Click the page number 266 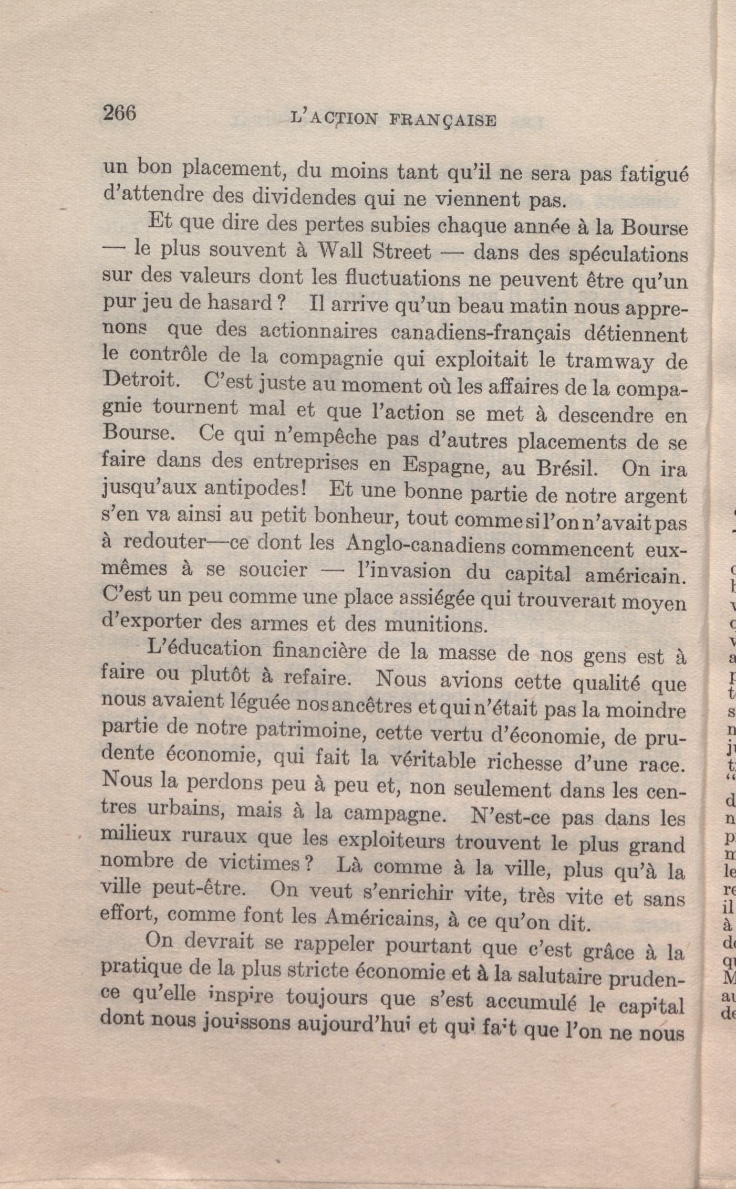tap(120, 113)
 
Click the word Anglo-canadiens tap(425, 545)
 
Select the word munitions tap(434, 624)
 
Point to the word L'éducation tap(204, 649)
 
